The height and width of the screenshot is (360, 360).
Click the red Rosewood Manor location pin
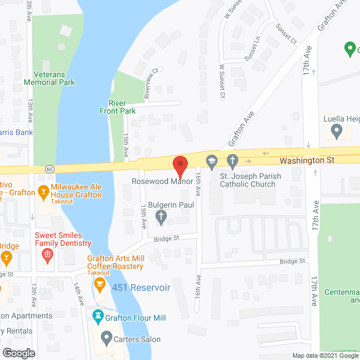pos(179,165)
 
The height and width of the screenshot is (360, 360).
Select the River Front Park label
pos(122,107)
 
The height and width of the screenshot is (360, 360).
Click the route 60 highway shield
pos(50,168)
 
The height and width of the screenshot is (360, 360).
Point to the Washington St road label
pos(307,160)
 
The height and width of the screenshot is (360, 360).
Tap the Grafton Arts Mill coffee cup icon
pos(100,282)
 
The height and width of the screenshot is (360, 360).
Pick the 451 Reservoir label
pos(141,287)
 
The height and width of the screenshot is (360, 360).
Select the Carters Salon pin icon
pos(105,339)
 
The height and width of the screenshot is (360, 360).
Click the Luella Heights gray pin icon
pos(337,132)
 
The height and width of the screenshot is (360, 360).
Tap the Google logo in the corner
pos(18,353)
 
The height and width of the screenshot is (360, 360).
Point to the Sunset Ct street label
pos(285,33)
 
